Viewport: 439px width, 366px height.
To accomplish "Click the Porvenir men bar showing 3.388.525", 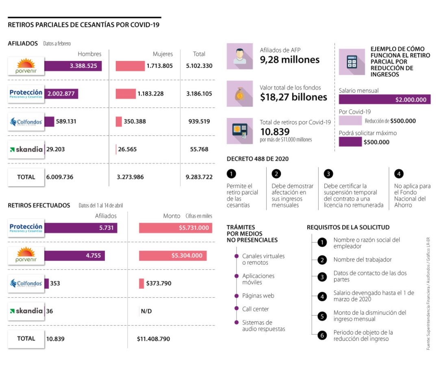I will [73, 66].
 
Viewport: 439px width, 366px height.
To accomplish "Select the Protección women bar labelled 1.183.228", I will [126, 94].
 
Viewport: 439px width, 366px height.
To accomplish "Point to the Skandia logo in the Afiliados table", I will [26, 149].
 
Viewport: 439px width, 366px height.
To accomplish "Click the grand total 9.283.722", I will [199, 177].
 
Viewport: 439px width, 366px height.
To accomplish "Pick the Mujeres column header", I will [163, 54].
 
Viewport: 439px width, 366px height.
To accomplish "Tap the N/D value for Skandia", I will [146, 311].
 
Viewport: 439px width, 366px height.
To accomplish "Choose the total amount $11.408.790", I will [153, 339].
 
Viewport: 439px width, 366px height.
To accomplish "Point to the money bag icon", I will [239, 94].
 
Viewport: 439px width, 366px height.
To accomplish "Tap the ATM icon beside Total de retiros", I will [239, 131].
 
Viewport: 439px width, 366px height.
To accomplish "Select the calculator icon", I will [352, 62].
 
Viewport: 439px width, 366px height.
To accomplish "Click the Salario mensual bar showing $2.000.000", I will [385, 100].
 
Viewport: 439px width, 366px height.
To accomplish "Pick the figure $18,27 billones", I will [293, 97].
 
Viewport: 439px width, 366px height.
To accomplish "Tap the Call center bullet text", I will [255, 309].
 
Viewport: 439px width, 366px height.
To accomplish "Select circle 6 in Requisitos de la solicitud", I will [322, 335].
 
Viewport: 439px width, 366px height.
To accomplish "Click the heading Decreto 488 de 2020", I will [258, 159].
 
